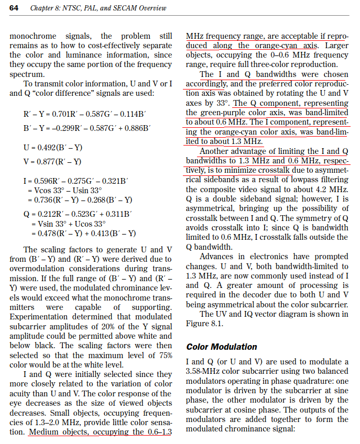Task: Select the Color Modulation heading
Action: [x=222, y=347]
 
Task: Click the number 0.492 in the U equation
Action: [x=47, y=148]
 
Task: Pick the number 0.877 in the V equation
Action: [x=47, y=162]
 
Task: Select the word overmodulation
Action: [x=40, y=269]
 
